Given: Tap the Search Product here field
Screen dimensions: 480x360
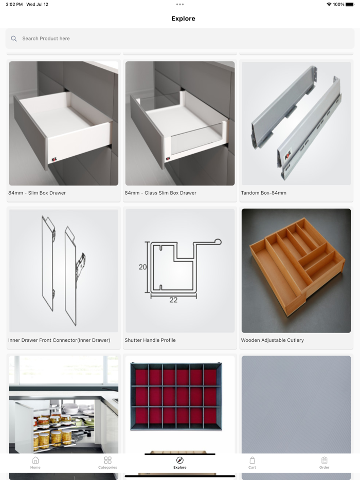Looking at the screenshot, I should point(180,39).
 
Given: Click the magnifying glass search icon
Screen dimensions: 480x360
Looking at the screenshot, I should point(14,39).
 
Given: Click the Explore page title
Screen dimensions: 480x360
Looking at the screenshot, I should point(183,19).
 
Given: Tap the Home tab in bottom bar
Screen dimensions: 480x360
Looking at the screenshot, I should point(35,463).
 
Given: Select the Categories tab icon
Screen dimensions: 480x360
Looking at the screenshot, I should point(107,460).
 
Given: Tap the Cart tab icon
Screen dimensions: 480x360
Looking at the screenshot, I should point(252,460).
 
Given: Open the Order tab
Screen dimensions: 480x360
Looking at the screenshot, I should point(324,463).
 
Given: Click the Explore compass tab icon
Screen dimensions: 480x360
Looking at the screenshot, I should point(179,460).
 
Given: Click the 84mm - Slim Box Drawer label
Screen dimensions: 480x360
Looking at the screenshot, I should point(37,193).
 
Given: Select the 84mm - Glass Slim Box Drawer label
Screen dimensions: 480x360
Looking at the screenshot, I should point(160,193).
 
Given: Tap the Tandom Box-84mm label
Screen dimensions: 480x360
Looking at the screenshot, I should point(263,193).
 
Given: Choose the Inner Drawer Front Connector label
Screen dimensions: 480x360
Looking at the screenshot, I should point(59,340).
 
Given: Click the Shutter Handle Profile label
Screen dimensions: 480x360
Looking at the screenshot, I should point(150,340).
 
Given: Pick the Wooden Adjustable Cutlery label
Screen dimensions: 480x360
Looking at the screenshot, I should point(272,340).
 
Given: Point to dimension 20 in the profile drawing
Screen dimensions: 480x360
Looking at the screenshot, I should point(142,267).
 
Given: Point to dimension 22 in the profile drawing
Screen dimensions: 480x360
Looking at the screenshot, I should point(173,300).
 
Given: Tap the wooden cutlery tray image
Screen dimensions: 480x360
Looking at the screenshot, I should point(296,270).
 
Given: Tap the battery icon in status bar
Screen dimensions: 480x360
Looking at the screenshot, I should point(350,4).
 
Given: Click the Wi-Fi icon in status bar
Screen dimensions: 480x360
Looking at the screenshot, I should point(329,4).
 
